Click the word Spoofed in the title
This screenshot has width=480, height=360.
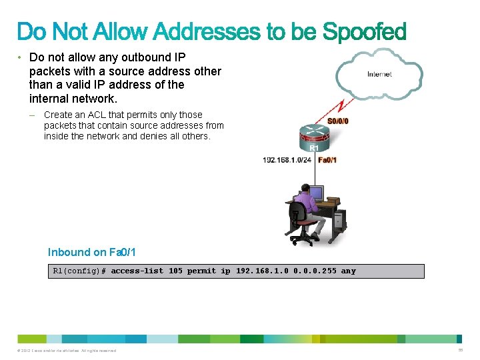pos(364,31)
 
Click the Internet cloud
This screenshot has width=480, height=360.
pos(379,74)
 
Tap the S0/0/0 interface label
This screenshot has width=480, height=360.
pos(338,121)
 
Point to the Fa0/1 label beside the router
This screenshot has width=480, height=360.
pos(327,160)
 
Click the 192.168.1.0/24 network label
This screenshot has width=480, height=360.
pos(287,160)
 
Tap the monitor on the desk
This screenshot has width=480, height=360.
pos(315,193)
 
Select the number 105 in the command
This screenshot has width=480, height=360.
pos(175,271)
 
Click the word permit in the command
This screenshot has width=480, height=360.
pos(201,271)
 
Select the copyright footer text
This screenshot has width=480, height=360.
pos(67,351)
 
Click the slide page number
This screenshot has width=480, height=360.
pos(460,350)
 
